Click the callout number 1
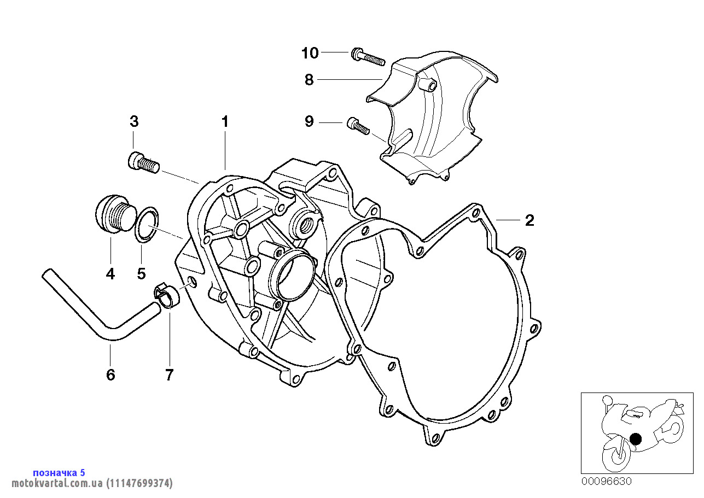coord(224,122)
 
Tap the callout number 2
coord(529,220)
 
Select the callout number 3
coord(134,121)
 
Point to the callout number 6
coord(110,374)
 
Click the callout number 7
coord(169,374)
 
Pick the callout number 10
coord(310,53)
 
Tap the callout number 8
coord(309,80)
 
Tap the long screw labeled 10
coord(367,56)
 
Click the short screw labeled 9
coord(358,126)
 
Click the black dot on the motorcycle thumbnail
coord(635,438)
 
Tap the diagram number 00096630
coord(606,482)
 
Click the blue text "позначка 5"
coord(59,472)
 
